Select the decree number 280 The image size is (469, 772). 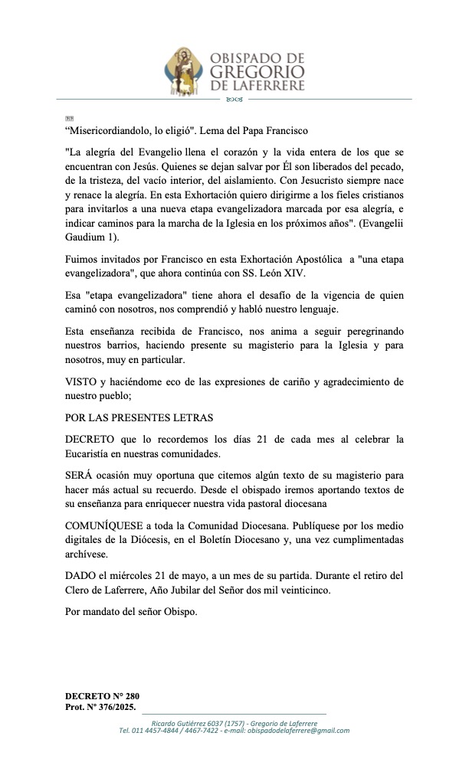point(130,695)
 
